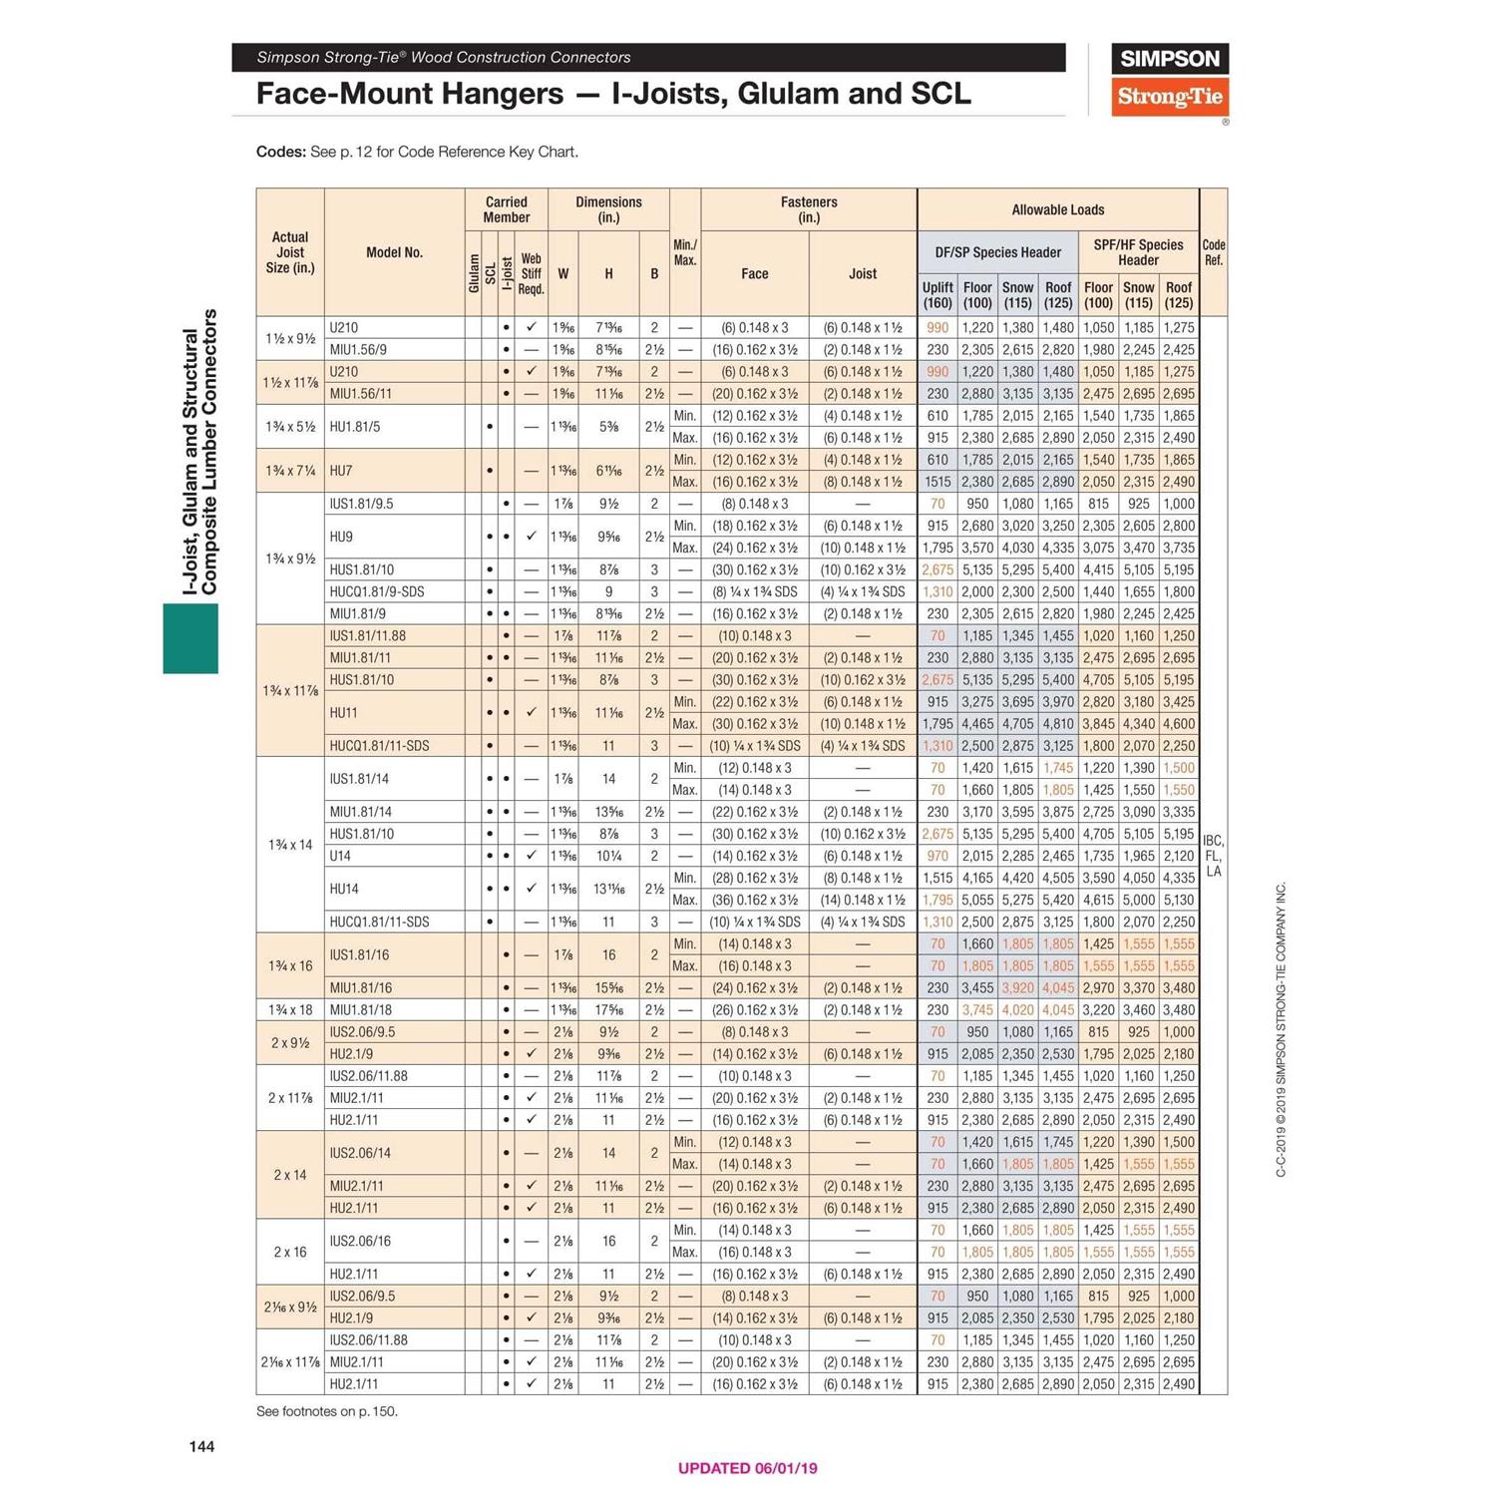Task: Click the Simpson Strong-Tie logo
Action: tap(1169, 80)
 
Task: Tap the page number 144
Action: tap(201, 1446)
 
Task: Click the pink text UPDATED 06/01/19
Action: tap(747, 1467)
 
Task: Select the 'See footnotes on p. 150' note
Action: tap(326, 1411)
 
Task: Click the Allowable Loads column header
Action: tap(1057, 209)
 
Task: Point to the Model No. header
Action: tap(394, 252)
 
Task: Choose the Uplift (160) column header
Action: tap(937, 294)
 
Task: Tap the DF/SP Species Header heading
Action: tap(997, 252)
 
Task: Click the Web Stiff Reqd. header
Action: tap(531, 273)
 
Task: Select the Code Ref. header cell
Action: tap(1213, 252)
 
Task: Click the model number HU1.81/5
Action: tap(355, 427)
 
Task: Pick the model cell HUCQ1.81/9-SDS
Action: tap(377, 591)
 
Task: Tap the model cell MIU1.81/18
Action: tap(360, 1009)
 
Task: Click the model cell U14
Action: tap(340, 856)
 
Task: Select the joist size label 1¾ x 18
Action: tap(290, 1009)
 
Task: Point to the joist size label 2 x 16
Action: tap(290, 1252)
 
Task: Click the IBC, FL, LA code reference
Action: tap(1213, 856)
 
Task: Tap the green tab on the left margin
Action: tap(190, 638)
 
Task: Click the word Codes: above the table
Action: tap(280, 152)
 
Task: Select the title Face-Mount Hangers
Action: tap(409, 94)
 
